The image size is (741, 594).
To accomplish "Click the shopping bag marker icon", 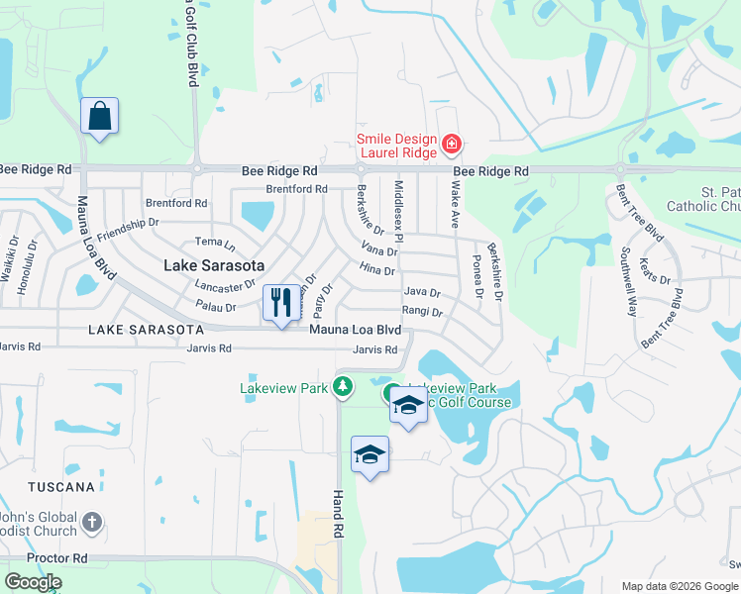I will point(100,116).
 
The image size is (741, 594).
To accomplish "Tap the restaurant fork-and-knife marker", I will point(280,303).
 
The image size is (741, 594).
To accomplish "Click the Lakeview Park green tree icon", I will point(343,387).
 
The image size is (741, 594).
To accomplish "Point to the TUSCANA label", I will point(61,487).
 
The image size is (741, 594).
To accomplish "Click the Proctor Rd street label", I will point(57,558).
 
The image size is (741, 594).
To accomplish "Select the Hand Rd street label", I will point(338,515).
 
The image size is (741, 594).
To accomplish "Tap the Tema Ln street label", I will point(215,243).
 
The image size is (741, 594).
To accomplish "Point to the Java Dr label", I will point(422,293).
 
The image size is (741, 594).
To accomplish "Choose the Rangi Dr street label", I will point(422,312).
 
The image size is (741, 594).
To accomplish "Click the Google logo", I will point(33,582).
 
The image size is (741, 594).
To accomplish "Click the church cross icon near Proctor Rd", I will point(92,522).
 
